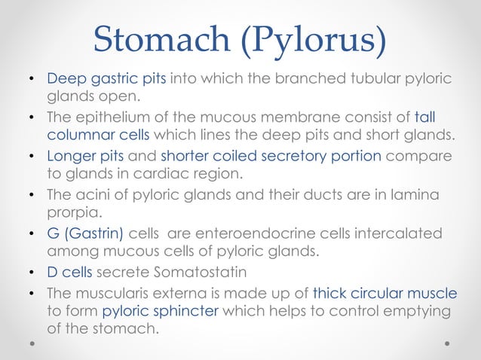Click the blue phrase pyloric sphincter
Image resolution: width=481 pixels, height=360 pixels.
149,311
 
